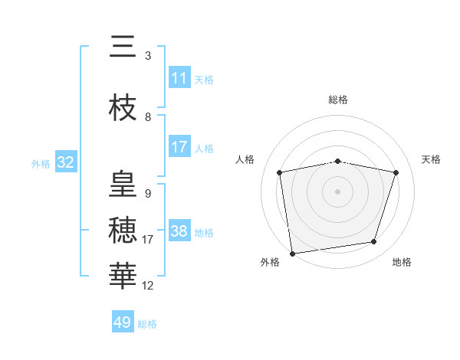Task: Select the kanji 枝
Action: [x=123, y=109]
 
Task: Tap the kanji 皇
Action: [x=123, y=184]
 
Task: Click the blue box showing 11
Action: [x=179, y=78]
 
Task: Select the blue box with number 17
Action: [x=179, y=147]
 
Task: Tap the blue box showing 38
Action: [x=179, y=231]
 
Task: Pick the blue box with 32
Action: [x=65, y=162]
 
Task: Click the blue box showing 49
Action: [x=123, y=322]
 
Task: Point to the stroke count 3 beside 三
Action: [x=148, y=56]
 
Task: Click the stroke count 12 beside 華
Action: [x=148, y=286]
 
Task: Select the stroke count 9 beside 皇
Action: [x=148, y=193]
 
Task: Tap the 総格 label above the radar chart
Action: [x=338, y=100]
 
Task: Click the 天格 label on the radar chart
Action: [x=431, y=159]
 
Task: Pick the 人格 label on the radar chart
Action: [x=245, y=159]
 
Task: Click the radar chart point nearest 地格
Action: [x=374, y=242]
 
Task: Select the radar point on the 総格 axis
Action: [x=338, y=161]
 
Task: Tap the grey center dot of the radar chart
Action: [x=338, y=191]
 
